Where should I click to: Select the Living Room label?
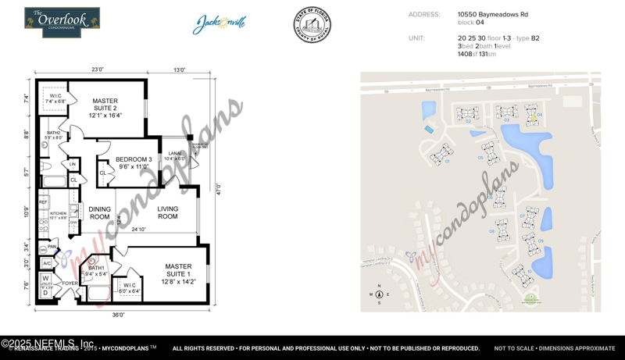pyautogui.click(x=167, y=212)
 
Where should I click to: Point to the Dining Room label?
pyautogui.click(x=99, y=212)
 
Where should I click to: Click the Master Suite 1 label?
pyautogui.click(x=178, y=270)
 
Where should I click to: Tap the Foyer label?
pyautogui.click(x=70, y=283)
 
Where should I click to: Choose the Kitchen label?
pyautogui.click(x=59, y=213)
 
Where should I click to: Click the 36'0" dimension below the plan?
pyautogui.click(x=118, y=315)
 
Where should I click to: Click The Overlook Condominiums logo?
pyautogui.click(x=62, y=22)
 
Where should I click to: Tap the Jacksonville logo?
pyautogui.click(x=220, y=23)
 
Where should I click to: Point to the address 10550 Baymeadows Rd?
pyautogui.click(x=492, y=14)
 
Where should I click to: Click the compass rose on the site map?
pyautogui.click(x=379, y=294)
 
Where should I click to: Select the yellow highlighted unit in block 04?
pyautogui.click(x=534, y=118)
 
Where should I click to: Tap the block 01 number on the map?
pyautogui.click(x=448, y=162)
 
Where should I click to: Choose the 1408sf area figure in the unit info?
pyautogui.click(x=466, y=54)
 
